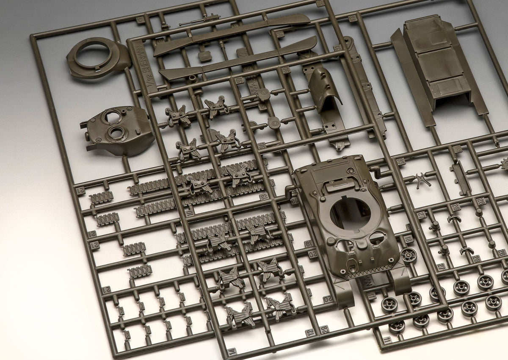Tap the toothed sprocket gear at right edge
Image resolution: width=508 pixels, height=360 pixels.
point(503,163)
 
